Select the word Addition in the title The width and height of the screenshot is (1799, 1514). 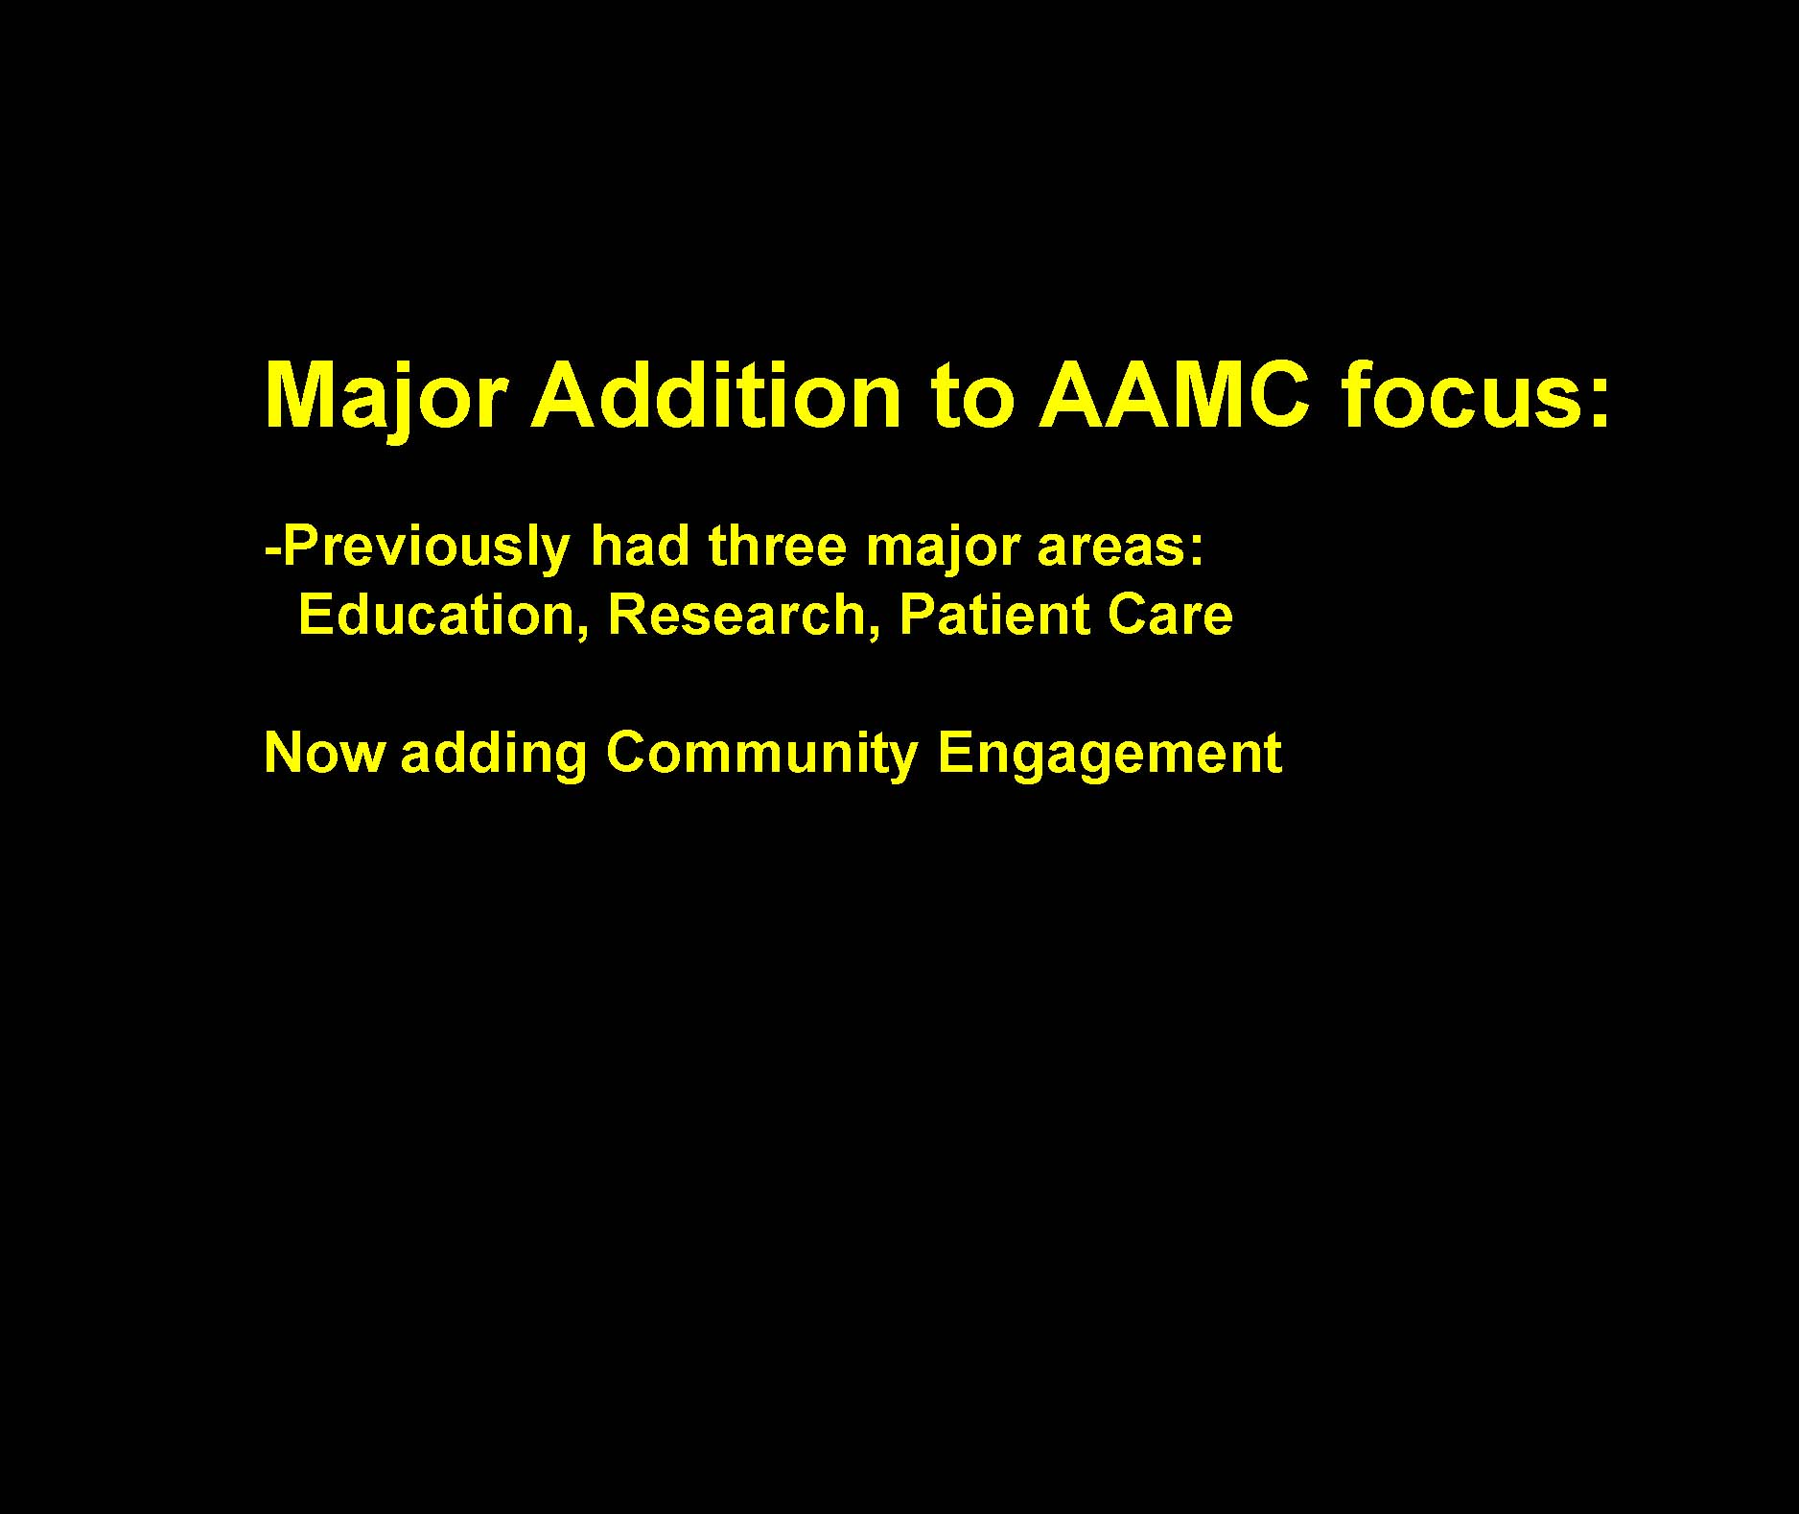(x=716, y=395)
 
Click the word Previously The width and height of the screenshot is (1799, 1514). (x=427, y=548)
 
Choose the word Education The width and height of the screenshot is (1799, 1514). (x=437, y=616)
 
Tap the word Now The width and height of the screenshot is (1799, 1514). (x=324, y=754)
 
